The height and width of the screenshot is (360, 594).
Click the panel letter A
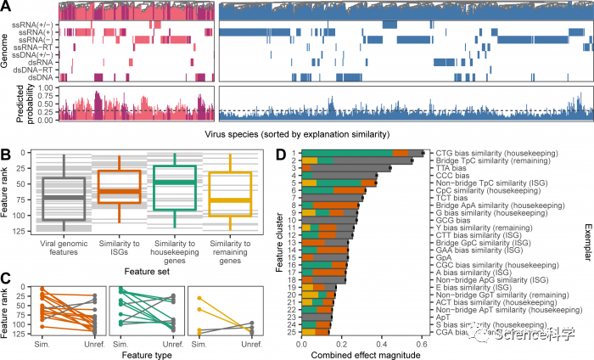(x=7, y=6)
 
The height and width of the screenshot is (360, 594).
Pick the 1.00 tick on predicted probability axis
(x=47, y=87)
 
